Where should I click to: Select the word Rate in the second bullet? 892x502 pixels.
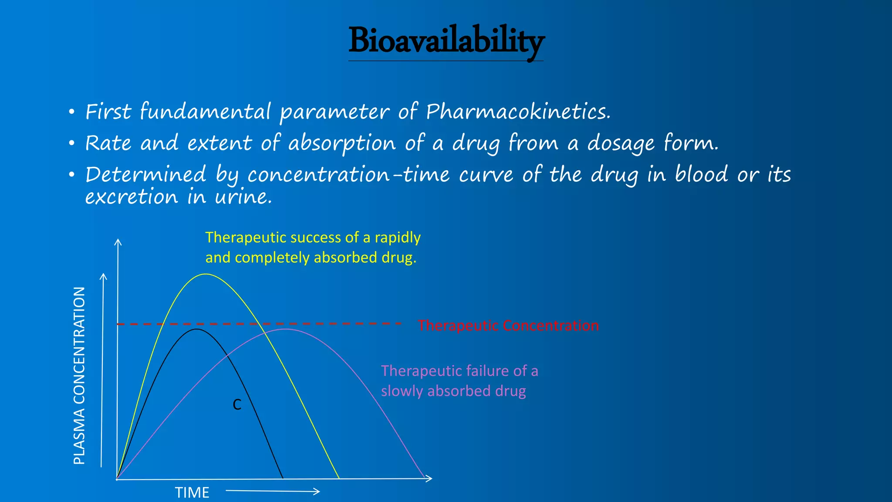[108, 143]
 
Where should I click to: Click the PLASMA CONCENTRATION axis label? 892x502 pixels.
[79, 376]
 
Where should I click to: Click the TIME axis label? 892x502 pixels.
[192, 492]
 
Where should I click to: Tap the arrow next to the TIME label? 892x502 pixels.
[273, 491]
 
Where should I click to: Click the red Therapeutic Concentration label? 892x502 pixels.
[508, 326]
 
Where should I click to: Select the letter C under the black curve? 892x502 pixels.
[237, 405]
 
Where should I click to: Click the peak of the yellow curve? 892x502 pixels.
[206, 274]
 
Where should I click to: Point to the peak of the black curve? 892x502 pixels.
[196, 329]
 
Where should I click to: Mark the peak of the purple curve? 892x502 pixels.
[285, 329]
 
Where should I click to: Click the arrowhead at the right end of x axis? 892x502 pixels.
[429, 478]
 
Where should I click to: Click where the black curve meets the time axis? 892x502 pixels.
[283, 478]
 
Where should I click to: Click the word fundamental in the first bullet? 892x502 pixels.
[205, 112]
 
